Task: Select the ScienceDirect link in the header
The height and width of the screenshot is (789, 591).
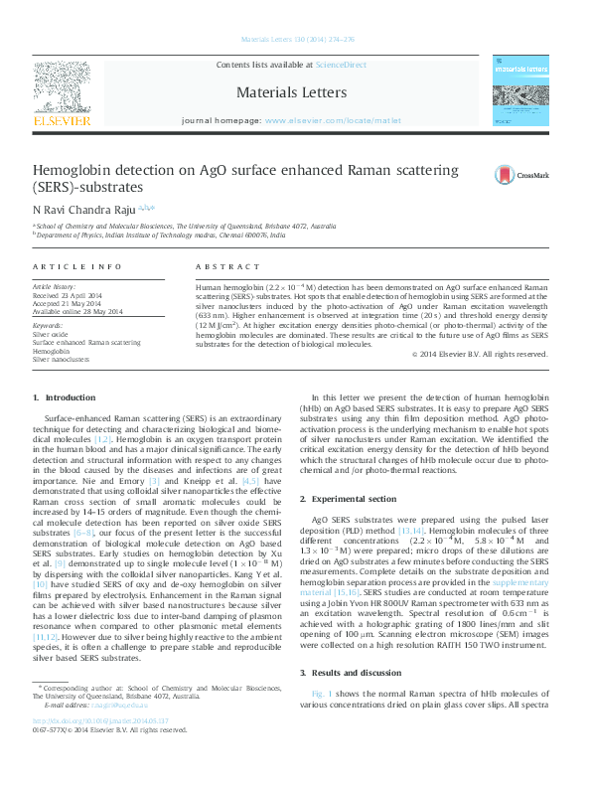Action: click(x=341, y=66)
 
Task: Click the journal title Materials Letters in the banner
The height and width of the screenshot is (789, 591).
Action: click(x=291, y=92)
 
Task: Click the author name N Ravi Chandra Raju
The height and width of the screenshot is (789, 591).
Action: click(x=84, y=210)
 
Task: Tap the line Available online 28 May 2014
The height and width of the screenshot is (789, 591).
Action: click(x=77, y=312)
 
